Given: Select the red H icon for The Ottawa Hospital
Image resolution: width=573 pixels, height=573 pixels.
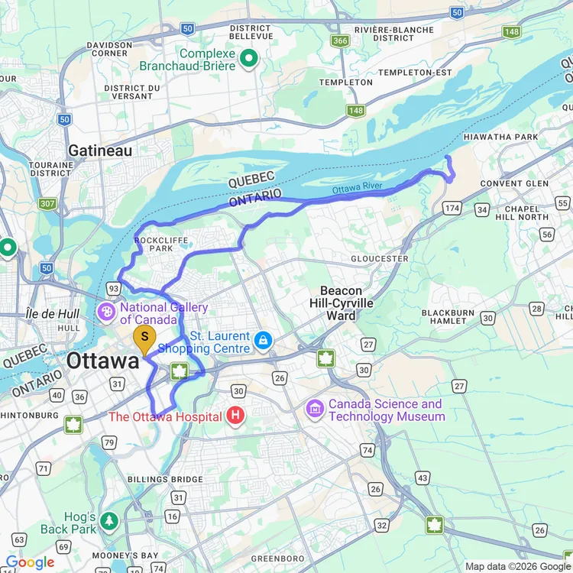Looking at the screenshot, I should (x=235, y=416).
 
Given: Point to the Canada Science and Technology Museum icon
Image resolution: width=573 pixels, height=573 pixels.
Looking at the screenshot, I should (x=315, y=410).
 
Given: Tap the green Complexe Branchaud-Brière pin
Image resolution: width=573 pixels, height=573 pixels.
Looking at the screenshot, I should (x=248, y=58).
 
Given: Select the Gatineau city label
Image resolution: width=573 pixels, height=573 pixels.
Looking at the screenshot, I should (x=100, y=151).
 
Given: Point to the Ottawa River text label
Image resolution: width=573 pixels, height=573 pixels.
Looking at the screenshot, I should (x=356, y=189).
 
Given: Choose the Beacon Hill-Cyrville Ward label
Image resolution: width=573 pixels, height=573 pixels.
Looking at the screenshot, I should (x=347, y=303).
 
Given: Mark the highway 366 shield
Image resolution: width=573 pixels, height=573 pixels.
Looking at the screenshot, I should (x=341, y=40).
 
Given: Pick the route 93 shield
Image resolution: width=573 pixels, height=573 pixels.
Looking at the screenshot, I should (x=114, y=287).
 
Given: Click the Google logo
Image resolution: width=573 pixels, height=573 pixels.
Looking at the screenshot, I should (x=30, y=562).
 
